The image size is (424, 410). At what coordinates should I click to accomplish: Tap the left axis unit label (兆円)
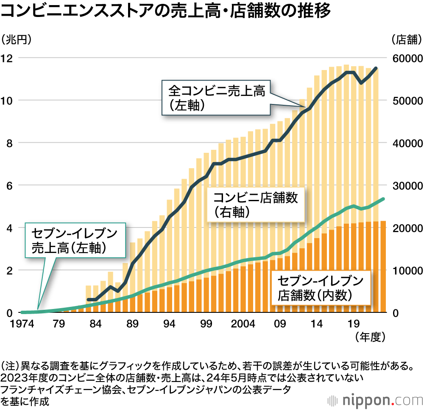[x=17, y=40]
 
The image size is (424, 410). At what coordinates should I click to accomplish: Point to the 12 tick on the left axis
[x=8, y=58]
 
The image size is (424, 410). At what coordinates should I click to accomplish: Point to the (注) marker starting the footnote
[x=9, y=365]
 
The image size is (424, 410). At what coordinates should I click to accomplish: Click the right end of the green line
[x=383, y=199]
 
